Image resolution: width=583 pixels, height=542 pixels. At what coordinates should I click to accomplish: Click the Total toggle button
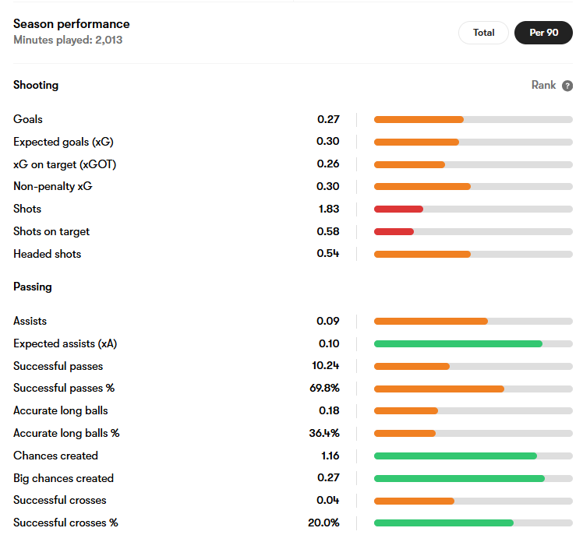(x=483, y=33)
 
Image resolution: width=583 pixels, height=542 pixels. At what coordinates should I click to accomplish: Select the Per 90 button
(x=543, y=33)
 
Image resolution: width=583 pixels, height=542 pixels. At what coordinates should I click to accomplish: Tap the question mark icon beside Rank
(x=567, y=86)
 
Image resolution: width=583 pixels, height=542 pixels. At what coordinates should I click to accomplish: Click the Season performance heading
(x=72, y=24)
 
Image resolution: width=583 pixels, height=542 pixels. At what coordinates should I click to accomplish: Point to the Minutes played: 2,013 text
(x=68, y=40)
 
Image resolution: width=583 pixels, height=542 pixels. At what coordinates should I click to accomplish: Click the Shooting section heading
(x=36, y=85)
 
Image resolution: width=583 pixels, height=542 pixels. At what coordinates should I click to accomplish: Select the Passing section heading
(x=33, y=287)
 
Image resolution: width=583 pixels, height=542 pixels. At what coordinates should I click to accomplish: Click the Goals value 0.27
(x=328, y=119)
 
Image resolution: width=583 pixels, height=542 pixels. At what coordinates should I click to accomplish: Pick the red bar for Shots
(x=398, y=209)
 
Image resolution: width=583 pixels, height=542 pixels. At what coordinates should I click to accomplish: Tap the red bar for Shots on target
(x=394, y=232)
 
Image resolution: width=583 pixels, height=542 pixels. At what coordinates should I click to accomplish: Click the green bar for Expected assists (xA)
(x=458, y=344)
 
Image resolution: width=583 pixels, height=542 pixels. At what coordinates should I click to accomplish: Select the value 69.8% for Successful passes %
(x=324, y=389)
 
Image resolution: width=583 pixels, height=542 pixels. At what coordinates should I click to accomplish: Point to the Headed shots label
(x=48, y=254)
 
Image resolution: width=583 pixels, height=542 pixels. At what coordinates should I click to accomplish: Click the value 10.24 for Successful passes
(x=325, y=365)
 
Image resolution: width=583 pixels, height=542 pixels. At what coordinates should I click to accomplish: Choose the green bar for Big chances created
(x=459, y=478)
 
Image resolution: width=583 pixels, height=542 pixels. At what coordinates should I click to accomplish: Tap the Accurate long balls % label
(x=66, y=433)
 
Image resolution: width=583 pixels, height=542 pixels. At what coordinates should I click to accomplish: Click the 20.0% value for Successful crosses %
(x=323, y=523)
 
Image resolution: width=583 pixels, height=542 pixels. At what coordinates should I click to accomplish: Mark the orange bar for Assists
(x=431, y=322)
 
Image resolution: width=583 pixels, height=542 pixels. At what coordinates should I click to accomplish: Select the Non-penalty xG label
(x=53, y=186)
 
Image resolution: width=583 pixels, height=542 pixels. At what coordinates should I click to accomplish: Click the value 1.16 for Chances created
(x=330, y=456)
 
